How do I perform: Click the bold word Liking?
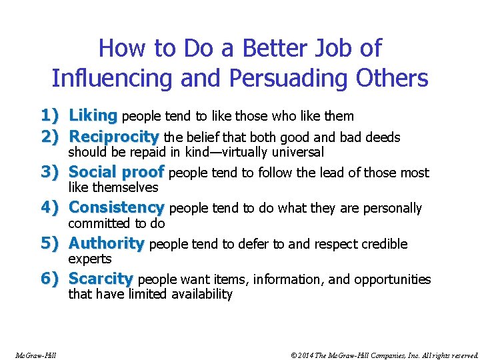[93, 116]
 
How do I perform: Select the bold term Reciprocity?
[113, 137]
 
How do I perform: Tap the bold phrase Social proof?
[117, 173]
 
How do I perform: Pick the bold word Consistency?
[117, 208]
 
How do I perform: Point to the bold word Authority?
[107, 243]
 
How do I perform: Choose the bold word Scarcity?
[101, 279]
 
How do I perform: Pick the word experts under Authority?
[90, 259]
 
